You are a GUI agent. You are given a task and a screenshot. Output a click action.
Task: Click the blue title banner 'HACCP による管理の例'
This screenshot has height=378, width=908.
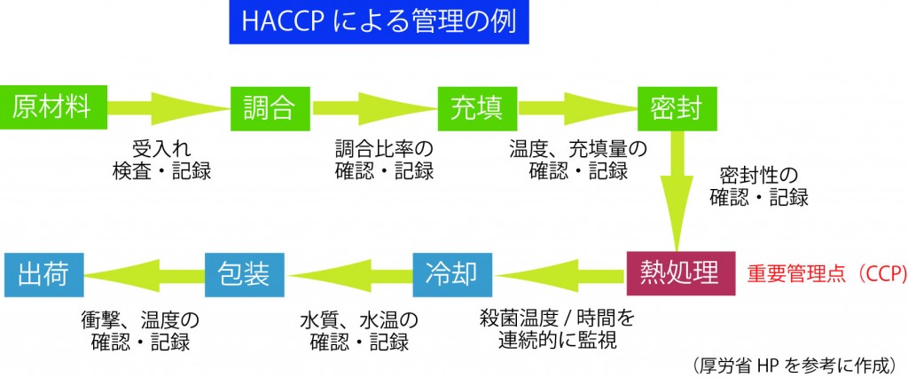coord(378,24)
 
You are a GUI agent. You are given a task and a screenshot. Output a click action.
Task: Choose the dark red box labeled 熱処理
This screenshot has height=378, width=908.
coord(680,272)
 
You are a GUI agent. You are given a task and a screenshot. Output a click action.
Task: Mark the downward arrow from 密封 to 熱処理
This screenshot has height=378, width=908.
coord(677,190)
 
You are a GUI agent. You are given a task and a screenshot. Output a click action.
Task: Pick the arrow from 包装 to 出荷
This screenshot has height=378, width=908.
coord(142,272)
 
